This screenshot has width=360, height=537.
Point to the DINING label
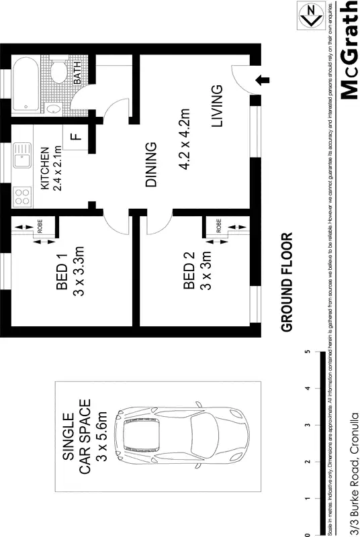point(151,164)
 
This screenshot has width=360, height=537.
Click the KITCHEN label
point(44,168)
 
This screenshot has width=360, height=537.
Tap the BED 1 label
point(62,275)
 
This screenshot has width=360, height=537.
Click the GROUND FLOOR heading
point(287,283)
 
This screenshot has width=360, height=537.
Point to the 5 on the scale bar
point(308,351)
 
